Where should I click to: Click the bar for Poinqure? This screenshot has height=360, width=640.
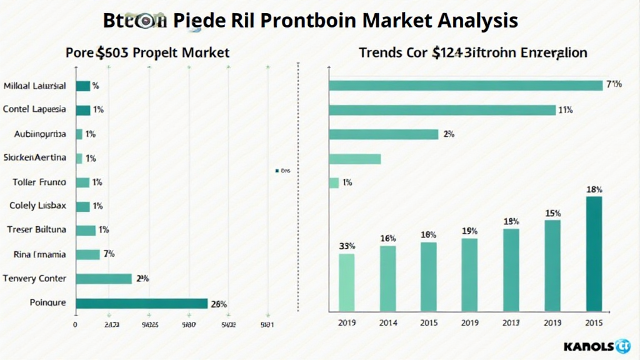click(141, 303)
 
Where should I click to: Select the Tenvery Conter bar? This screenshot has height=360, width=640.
click(103, 279)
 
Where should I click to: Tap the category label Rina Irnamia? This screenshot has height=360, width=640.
click(41, 254)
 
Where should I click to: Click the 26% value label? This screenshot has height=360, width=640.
click(219, 304)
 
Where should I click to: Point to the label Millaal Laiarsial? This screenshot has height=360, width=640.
click(35, 86)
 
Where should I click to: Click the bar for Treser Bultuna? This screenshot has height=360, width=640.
click(86, 230)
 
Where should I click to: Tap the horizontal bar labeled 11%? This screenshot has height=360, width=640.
click(442, 110)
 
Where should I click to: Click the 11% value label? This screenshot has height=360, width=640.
click(566, 110)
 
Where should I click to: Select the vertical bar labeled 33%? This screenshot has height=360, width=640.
click(346, 282)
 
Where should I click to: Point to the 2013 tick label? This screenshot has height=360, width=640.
click(511, 322)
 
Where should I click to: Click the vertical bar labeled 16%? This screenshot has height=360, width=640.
click(387, 278)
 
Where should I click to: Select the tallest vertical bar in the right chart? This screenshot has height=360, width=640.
click(594, 254)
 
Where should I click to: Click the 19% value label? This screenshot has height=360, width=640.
click(469, 231)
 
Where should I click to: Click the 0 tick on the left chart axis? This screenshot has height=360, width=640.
click(75, 325)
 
